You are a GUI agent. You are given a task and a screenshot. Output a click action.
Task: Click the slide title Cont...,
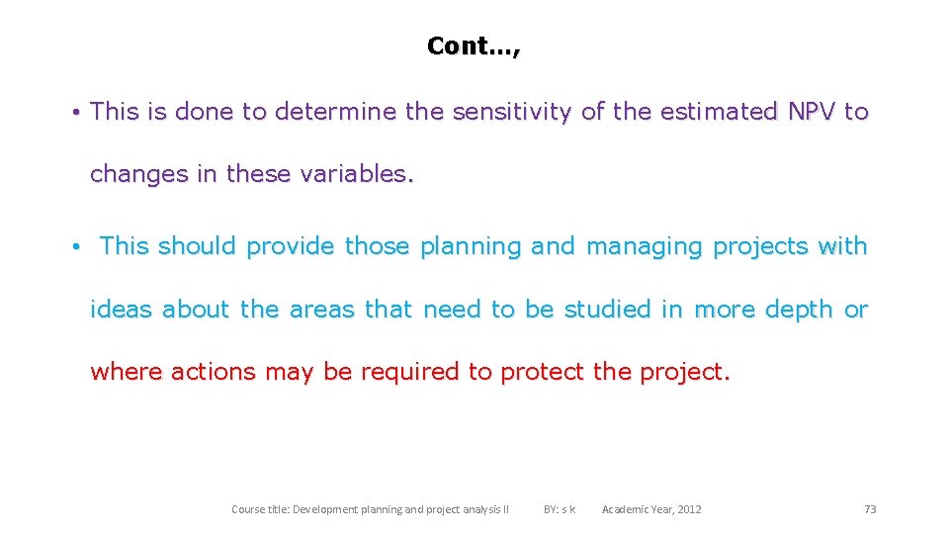[x=473, y=45]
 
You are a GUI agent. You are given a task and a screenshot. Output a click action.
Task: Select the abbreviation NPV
[x=811, y=112]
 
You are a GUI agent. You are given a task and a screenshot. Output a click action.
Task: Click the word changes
[x=139, y=174]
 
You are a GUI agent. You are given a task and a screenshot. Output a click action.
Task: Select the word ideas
[x=123, y=310]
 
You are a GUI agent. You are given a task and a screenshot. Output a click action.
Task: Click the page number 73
[x=870, y=509]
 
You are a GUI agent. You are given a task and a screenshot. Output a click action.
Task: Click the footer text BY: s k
[x=560, y=509]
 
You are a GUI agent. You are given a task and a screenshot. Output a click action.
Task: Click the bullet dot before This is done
[x=75, y=113]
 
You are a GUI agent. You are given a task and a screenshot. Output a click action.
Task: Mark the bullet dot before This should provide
[x=75, y=247]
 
